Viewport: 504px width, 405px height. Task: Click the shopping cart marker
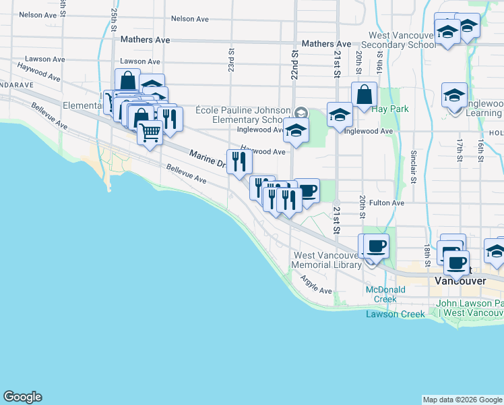point(150,132)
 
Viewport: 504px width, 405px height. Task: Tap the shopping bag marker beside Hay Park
point(364,95)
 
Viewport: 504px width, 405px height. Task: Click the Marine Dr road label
point(208,159)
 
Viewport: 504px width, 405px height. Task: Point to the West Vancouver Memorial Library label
point(327,260)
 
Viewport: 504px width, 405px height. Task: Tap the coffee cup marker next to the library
point(376,246)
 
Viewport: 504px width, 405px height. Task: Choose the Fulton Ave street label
point(386,202)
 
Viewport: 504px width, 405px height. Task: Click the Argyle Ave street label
point(316,286)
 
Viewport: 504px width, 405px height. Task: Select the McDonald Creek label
point(385,294)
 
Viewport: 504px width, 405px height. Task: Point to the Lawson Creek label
point(396,314)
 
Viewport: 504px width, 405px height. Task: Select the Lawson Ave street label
point(140,61)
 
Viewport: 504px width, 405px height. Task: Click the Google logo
point(22,397)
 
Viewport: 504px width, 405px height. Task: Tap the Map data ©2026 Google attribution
point(462,400)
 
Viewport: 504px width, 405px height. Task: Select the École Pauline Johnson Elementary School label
point(244,115)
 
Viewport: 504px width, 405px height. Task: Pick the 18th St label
point(427,252)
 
